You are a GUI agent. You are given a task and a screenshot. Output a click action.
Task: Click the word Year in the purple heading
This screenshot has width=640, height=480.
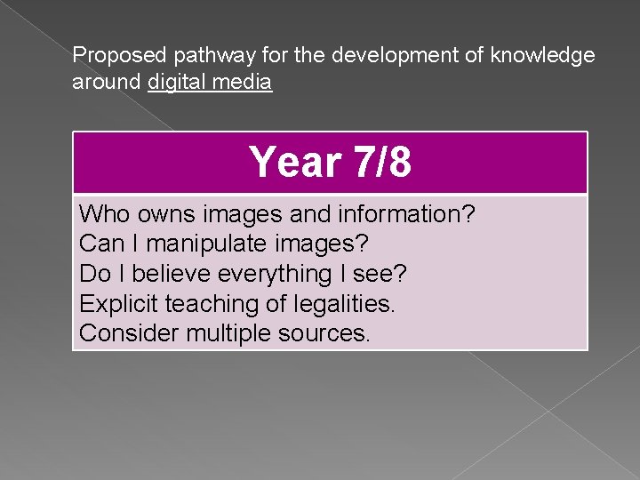coord(296,163)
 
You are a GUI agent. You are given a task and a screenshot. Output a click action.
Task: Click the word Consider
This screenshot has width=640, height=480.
coord(130,334)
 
